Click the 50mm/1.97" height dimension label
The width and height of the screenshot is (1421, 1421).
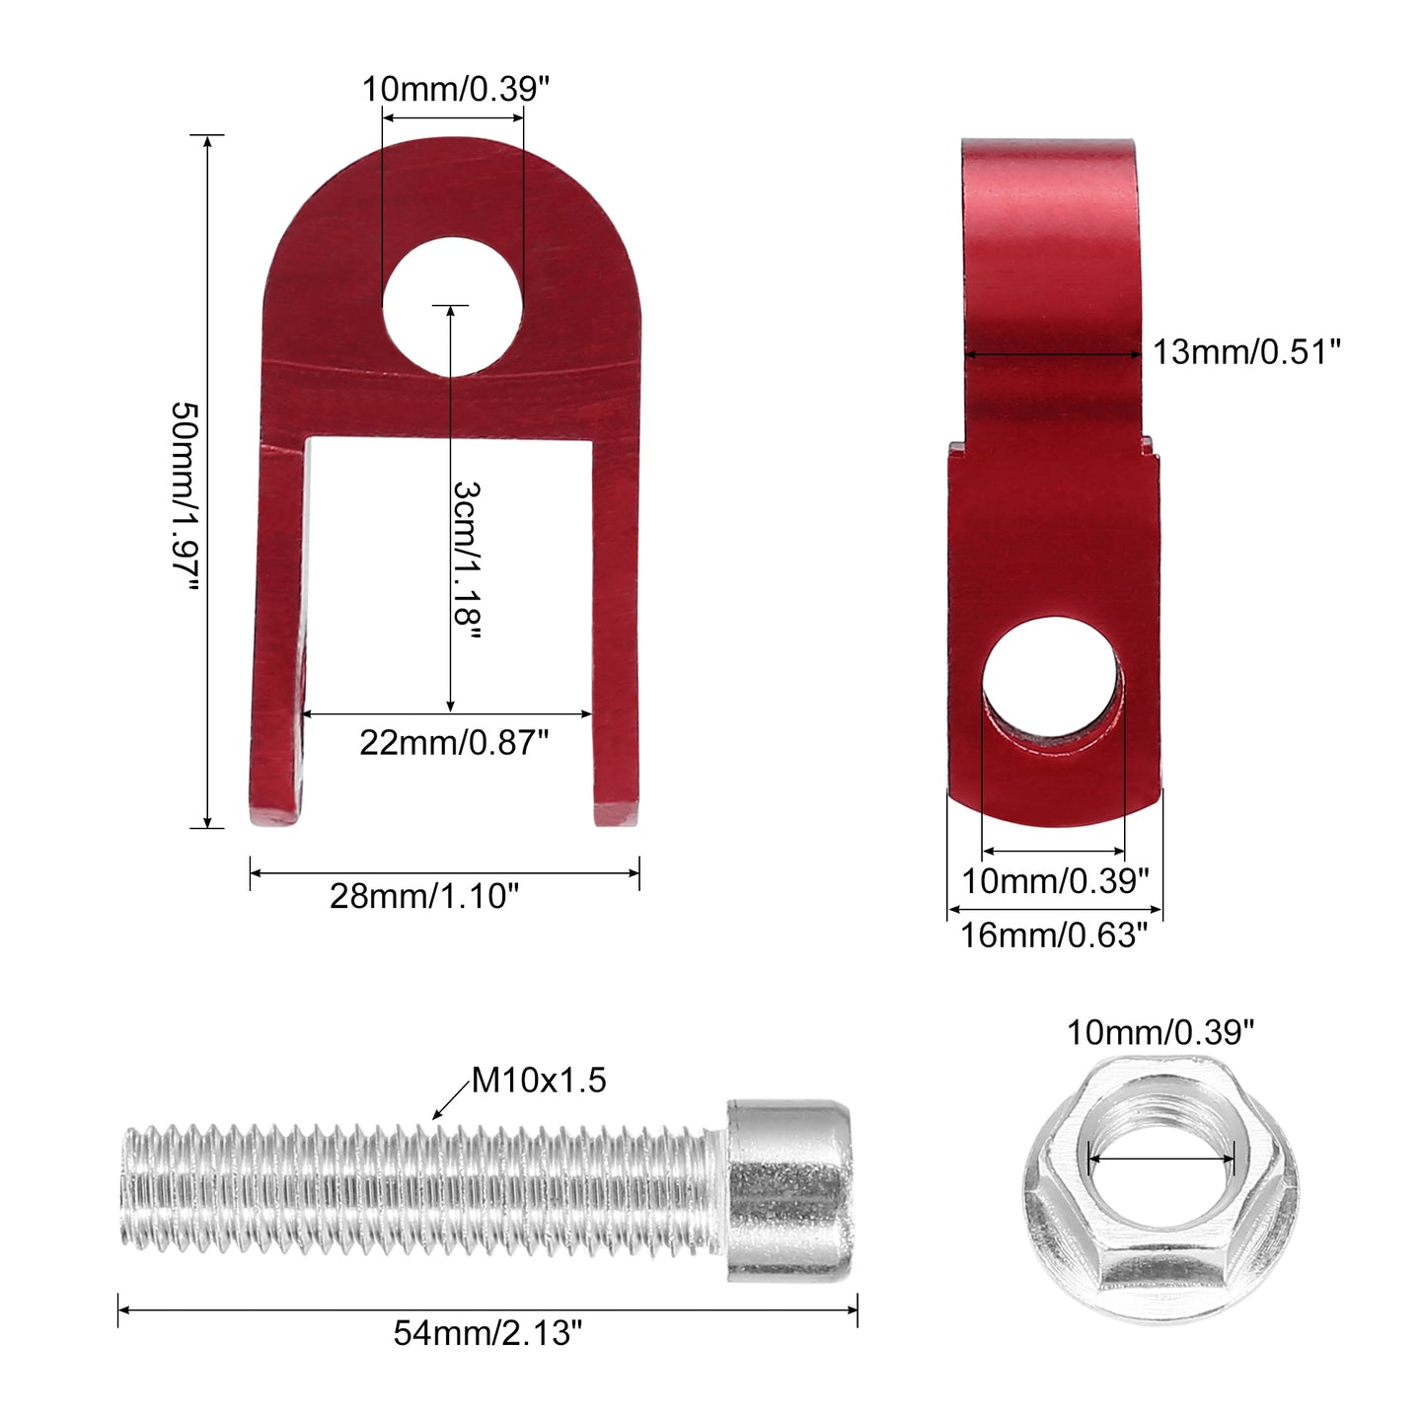click(x=186, y=496)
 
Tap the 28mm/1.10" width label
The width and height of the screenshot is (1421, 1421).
click(x=424, y=896)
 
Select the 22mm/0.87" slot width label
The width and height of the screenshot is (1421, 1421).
click(x=454, y=743)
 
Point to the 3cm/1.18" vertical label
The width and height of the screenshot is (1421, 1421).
click(x=467, y=561)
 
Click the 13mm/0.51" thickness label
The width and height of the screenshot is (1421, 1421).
click(x=1246, y=351)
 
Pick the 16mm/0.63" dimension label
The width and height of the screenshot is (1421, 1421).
click(x=1054, y=935)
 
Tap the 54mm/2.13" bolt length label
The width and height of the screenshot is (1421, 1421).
click(x=487, y=1332)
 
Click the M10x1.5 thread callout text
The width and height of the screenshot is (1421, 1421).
click(x=539, y=1080)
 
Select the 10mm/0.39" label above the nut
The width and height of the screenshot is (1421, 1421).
click(x=1159, y=1032)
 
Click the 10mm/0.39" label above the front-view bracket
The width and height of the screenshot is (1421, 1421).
click(x=455, y=89)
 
